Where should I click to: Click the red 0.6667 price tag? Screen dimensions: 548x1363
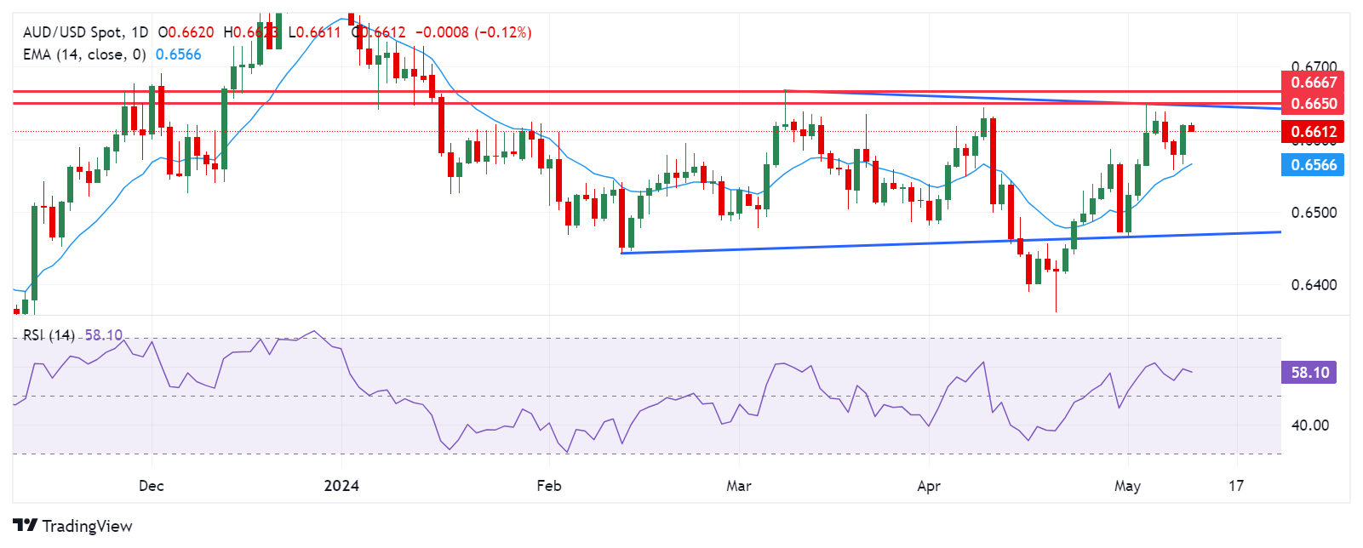(1314, 83)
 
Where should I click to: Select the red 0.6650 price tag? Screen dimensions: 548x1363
(1314, 104)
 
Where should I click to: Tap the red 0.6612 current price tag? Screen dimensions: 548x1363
(1314, 131)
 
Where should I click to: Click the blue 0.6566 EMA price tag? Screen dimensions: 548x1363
(1314, 165)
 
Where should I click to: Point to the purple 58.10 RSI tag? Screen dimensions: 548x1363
(1309, 373)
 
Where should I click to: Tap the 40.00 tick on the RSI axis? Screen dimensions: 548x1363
(1309, 425)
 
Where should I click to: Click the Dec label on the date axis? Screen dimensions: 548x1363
(151, 486)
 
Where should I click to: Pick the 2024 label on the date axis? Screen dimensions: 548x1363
(341, 486)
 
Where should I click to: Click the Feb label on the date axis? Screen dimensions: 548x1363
(549, 486)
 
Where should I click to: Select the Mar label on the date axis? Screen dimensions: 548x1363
(739, 486)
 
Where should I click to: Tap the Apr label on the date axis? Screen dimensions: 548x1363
(929, 486)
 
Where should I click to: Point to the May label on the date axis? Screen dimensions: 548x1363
(1127, 486)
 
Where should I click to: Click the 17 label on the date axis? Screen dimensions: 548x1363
(1236, 486)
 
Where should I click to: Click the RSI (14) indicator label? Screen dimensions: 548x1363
(49, 335)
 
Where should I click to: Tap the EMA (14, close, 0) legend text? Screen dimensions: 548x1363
(84, 54)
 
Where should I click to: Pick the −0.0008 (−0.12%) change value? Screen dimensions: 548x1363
(473, 32)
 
